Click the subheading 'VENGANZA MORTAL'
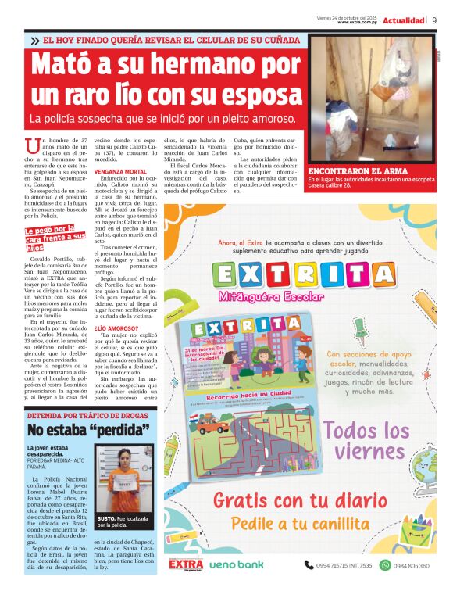pyautogui.click(x=117, y=170)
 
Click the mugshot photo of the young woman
pyautogui.click(x=123, y=475)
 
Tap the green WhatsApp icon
pyautogui.click(x=384, y=564)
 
